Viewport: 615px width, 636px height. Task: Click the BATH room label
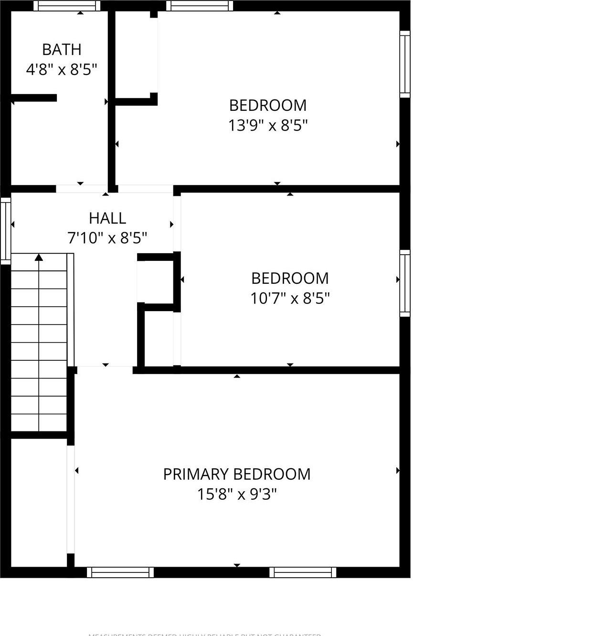pyautogui.click(x=62, y=49)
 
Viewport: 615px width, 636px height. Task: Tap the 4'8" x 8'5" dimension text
pyautogui.click(x=62, y=70)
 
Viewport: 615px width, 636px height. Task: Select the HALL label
pyautogui.click(x=107, y=218)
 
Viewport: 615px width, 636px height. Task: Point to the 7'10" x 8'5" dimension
pyautogui.click(x=107, y=237)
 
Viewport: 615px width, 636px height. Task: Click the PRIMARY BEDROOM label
pyautogui.click(x=237, y=474)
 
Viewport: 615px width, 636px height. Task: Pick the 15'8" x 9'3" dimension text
pyautogui.click(x=237, y=494)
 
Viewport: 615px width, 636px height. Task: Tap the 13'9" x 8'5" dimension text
pyautogui.click(x=268, y=125)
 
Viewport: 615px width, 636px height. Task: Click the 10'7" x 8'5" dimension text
pyautogui.click(x=290, y=299)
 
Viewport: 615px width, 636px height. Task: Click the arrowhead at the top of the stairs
pyautogui.click(x=39, y=258)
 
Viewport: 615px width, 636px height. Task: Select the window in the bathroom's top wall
pyautogui.click(x=67, y=6)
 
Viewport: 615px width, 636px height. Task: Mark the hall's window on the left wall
pyautogui.click(x=6, y=231)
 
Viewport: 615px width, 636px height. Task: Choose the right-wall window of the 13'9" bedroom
pyautogui.click(x=404, y=64)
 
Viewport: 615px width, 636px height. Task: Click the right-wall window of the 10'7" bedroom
pyautogui.click(x=404, y=283)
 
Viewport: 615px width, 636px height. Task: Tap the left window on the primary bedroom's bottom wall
pyautogui.click(x=120, y=572)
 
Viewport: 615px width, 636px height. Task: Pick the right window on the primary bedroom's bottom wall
pyautogui.click(x=303, y=572)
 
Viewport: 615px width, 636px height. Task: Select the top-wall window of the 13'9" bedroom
pyautogui.click(x=200, y=6)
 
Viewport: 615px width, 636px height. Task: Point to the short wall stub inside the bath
pyautogui.click(x=33, y=98)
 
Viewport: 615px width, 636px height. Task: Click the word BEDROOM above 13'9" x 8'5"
pyautogui.click(x=268, y=105)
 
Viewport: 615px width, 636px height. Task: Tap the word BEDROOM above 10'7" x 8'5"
pyautogui.click(x=290, y=278)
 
